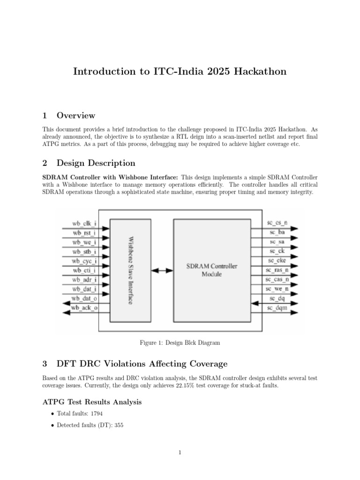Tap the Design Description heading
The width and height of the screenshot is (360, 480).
point(96,163)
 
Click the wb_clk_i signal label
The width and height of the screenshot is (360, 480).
point(84,223)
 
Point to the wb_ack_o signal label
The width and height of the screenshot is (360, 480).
point(84,308)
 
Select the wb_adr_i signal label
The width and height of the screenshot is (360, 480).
point(84,280)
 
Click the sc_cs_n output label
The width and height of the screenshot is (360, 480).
point(277,223)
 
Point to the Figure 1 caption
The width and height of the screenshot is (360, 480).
point(180,343)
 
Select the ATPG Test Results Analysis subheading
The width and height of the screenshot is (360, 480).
point(92,402)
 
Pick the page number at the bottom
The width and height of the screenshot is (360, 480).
point(180,452)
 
